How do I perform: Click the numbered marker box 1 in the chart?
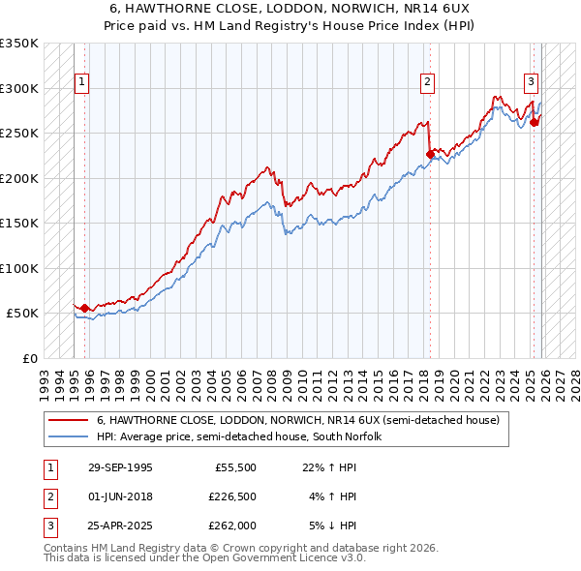pyautogui.click(x=83, y=83)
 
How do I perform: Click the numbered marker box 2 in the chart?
pyautogui.click(x=427, y=83)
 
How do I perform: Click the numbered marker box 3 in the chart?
pyautogui.click(x=532, y=83)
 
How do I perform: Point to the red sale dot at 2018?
pyautogui.click(x=429, y=153)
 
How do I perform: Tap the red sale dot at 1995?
pyautogui.click(x=84, y=308)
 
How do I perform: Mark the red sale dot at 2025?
pyautogui.click(x=534, y=122)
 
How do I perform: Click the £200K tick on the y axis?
pyautogui.click(x=19, y=178)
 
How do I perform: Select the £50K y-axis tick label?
pyautogui.click(x=22, y=314)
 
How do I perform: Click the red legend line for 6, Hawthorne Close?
pyautogui.click(x=69, y=421)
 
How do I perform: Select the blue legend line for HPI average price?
pyautogui.click(x=69, y=437)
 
